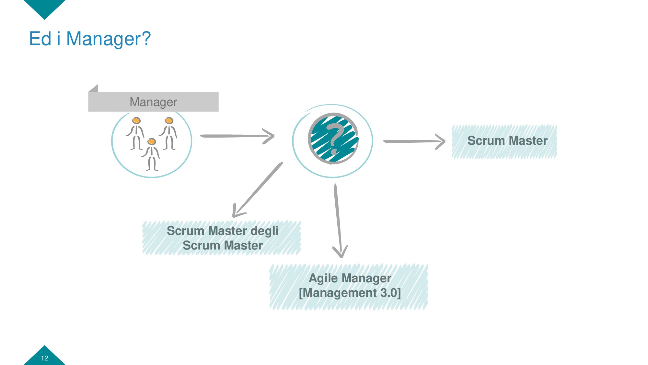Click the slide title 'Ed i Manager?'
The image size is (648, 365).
point(90,39)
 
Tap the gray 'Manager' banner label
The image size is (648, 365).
point(153,102)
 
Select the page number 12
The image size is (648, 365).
point(44,358)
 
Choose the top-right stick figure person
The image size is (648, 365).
point(169,133)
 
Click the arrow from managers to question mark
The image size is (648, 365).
point(237,136)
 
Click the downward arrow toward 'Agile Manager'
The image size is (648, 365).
point(338,221)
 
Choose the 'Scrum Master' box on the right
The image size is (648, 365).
point(504,141)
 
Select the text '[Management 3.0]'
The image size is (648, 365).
point(350,293)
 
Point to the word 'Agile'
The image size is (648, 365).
point(323,278)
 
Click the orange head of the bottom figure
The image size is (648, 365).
point(152,141)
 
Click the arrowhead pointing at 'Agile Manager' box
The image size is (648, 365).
point(340,251)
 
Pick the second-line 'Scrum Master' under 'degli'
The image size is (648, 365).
point(223,246)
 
